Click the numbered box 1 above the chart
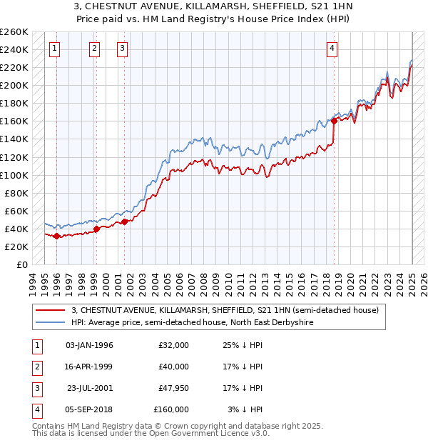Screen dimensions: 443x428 point(55,49)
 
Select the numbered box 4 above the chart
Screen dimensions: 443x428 point(332,49)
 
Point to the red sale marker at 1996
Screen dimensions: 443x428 point(56,236)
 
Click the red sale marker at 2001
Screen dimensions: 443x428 point(124,221)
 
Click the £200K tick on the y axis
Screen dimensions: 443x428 point(15,85)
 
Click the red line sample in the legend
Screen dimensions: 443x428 point(50,310)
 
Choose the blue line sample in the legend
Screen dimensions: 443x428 point(50,322)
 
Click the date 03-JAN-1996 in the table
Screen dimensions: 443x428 point(89,345)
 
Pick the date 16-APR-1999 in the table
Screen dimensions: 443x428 point(89,367)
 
